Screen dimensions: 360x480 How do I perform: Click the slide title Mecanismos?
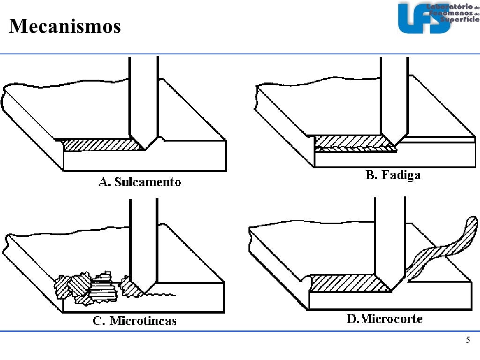point(65,26)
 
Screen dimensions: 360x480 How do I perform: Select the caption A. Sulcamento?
point(140,182)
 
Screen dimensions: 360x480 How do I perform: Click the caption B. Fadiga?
point(393,175)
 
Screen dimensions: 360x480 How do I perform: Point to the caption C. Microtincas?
point(135,321)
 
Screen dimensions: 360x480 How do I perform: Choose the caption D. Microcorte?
point(384,319)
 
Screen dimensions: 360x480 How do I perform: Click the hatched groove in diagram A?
point(101,145)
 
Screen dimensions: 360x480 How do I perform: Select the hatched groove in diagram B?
point(352,140)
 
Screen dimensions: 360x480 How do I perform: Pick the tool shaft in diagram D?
point(390,234)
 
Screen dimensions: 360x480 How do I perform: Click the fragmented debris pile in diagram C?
point(87,287)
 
